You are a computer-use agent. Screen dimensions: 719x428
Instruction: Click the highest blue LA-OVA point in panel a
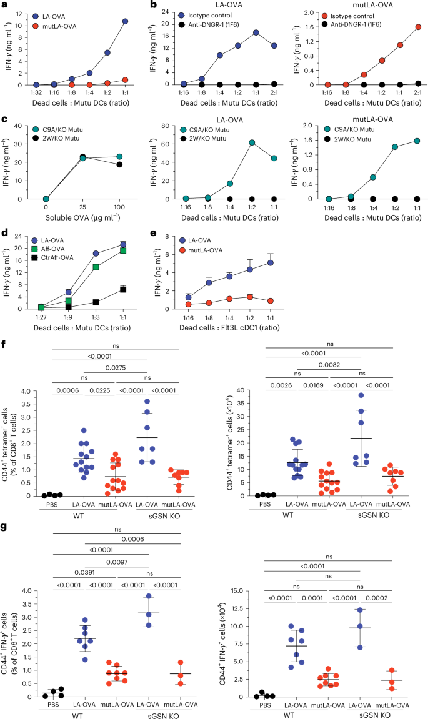click(126, 21)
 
